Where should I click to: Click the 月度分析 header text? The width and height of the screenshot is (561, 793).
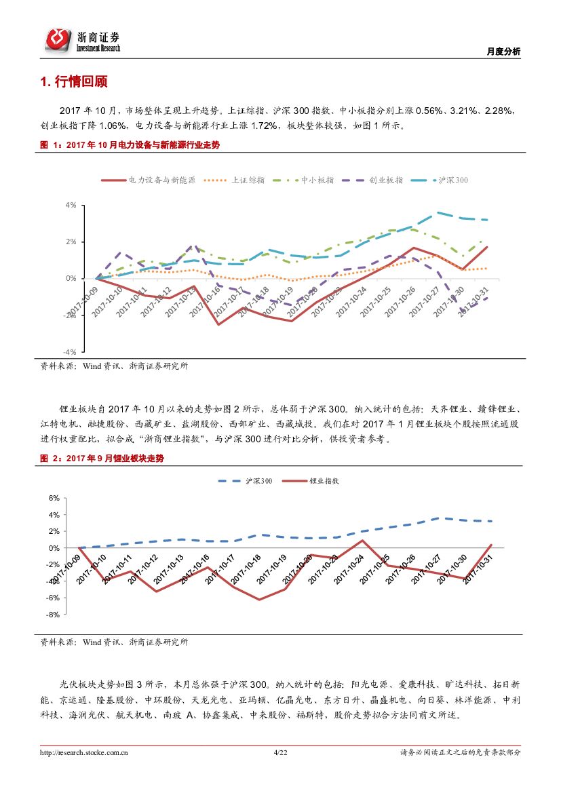[x=504, y=52]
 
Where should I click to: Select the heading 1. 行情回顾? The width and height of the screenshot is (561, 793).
[x=74, y=83]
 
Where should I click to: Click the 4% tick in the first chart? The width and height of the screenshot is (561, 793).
[x=70, y=205]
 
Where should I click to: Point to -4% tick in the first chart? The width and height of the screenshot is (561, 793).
[x=69, y=352]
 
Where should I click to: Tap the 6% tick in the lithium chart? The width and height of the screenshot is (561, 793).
[x=54, y=498]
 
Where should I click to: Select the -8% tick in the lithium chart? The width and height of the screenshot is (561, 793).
[x=54, y=615]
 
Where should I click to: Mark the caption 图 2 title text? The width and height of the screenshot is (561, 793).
[x=102, y=459]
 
